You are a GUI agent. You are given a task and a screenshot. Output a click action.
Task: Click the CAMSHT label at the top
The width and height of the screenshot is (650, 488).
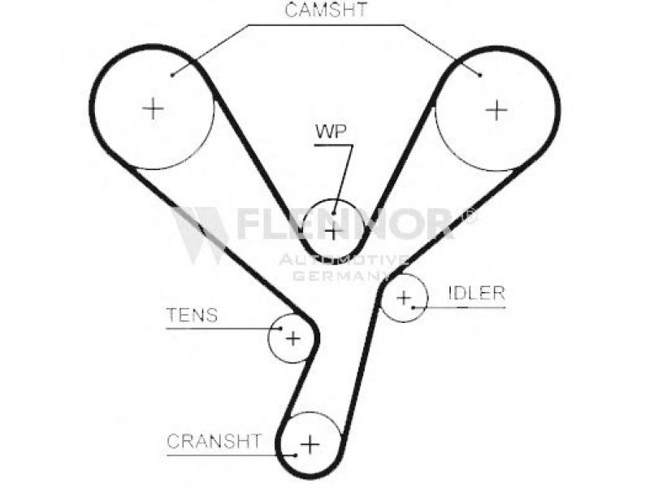(x=326, y=11)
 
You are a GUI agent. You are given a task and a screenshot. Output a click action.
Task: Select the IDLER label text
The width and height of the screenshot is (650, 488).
(x=476, y=294)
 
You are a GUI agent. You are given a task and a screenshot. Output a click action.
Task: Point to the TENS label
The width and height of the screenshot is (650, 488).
(x=192, y=316)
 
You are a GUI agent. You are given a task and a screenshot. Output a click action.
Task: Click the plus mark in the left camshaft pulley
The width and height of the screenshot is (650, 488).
(x=153, y=107)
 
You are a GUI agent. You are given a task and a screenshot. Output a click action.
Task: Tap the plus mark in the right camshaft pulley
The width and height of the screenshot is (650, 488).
(x=496, y=109)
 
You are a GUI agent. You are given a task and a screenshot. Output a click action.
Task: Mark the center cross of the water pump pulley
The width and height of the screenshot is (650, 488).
(x=333, y=231)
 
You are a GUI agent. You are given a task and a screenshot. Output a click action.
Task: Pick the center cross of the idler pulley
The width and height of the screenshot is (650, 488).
(x=404, y=298)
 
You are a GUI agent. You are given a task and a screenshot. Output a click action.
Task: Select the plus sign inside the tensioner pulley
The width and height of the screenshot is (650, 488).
(x=292, y=338)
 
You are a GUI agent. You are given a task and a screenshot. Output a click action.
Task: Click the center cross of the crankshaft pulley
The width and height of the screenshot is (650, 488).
(x=310, y=444)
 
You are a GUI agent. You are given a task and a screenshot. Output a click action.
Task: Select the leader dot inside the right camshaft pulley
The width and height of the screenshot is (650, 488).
(x=480, y=76)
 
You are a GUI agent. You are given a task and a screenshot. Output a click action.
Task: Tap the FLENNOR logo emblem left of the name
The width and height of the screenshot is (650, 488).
(x=199, y=233)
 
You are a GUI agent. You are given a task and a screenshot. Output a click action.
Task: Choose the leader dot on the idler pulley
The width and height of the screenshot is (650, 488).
(x=414, y=307)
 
